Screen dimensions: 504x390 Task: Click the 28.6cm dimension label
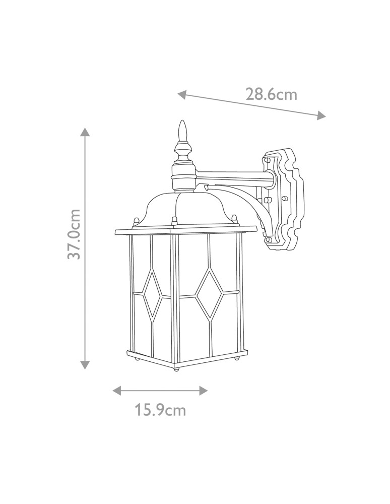point(271,94)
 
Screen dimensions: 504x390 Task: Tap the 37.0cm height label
point(75,234)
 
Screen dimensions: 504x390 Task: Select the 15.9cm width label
point(160,410)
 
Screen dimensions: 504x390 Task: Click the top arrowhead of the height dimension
point(85,132)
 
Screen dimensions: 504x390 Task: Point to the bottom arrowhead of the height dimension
point(85,365)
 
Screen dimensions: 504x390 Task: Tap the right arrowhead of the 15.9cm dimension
point(203,391)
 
